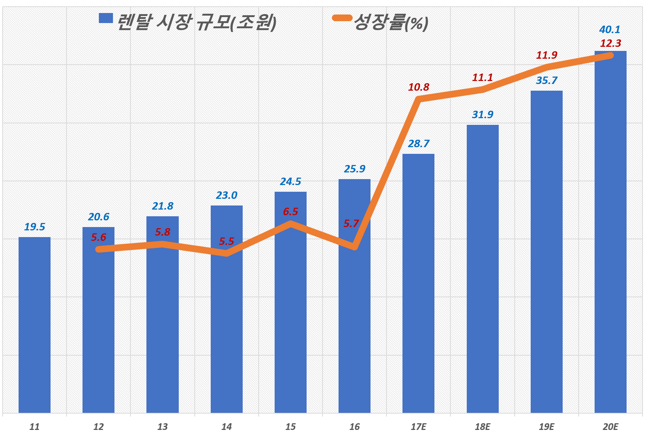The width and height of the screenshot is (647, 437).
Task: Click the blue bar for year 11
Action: [x=35, y=325]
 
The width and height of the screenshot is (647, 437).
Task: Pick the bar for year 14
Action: [x=226, y=309]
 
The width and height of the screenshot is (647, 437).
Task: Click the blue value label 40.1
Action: [x=609, y=29]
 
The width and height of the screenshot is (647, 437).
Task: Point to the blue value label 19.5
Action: [x=35, y=227]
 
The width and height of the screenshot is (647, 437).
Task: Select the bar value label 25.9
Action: [x=355, y=169]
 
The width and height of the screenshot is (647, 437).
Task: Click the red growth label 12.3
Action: [x=610, y=43]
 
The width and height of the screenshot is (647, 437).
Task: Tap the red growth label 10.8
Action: [x=418, y=87]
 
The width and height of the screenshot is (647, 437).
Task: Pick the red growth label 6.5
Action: [x=290, y=211]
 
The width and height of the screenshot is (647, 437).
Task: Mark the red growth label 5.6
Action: [x=98, y=237]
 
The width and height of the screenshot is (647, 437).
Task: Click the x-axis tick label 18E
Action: [x=482, y=427]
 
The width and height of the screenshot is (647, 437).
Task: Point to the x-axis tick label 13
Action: [x=162, y=427]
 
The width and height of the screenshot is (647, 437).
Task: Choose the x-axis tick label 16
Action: [x=355, y=427]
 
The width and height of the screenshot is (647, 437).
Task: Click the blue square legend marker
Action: [x=106, y=18]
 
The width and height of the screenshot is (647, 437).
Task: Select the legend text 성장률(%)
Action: [x=391, y=23]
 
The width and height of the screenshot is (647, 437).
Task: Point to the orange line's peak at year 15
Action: [x=291, y=224]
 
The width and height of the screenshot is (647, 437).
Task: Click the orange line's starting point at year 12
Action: [x=99, y=249]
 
